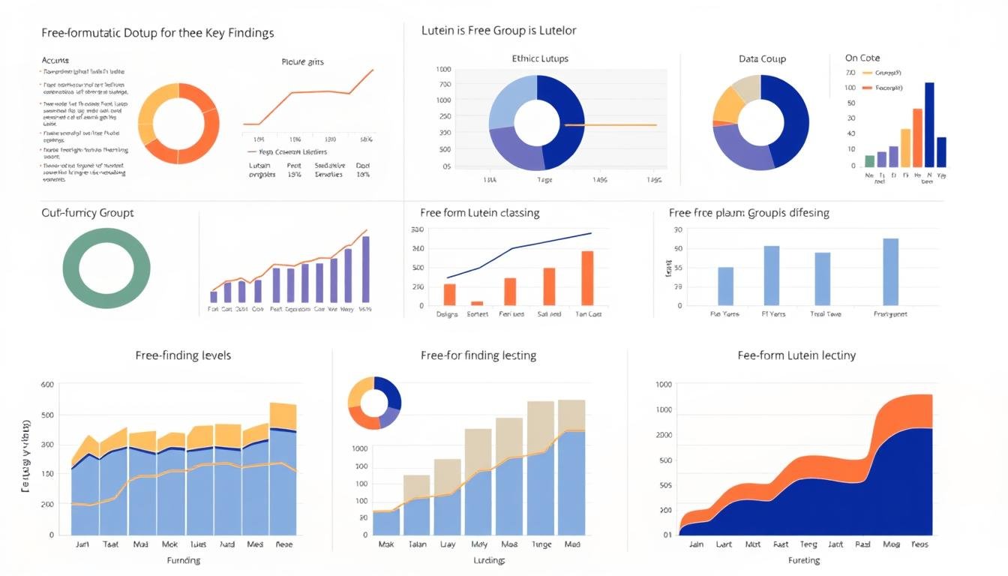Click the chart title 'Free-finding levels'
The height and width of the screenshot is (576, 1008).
click(x=183, y=355)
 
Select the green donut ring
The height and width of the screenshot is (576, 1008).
click(x=106, y=242)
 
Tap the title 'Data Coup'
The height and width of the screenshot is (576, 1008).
click(x=762, y=59)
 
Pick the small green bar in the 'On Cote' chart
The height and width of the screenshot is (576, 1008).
click(x=869, y=161)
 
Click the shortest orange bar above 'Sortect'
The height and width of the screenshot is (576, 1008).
click(x=477, y=303)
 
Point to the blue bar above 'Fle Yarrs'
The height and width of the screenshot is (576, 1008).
click(x=725, y=286)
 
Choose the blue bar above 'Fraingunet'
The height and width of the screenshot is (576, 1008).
click(x=890, y=272)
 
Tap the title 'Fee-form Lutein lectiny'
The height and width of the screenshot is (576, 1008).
click(x=796, y=355)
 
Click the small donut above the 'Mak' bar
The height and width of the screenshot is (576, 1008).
click(x=374, y=403)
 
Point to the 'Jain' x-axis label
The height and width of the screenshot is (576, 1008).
click(x=696, y=544)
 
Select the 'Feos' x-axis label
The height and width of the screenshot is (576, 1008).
click(x=919, y=544)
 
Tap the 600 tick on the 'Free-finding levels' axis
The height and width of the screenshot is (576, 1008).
click(x=46, y=385)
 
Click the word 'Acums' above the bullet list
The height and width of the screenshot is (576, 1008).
click(x=55, y=59)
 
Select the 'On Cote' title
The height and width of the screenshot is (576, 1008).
click(x=862, y=58)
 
